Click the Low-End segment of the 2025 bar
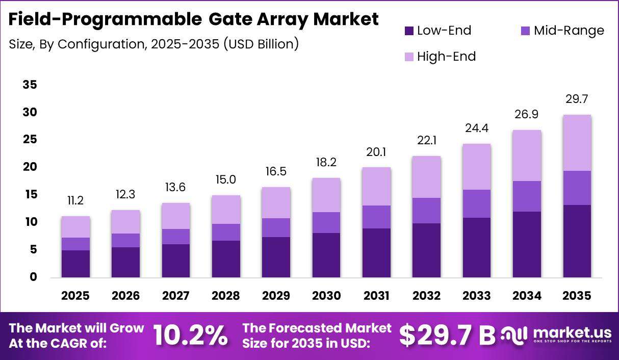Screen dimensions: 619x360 click(75, 264)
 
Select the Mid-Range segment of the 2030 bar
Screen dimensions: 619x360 click(326, 222)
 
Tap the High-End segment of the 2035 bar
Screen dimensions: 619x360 click(577, 143)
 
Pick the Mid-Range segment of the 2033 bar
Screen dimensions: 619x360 click(477, 203)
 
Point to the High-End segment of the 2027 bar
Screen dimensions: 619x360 click(176, 216)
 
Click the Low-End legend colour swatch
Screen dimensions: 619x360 click(409, 31)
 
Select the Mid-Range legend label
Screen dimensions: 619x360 click(569, 31)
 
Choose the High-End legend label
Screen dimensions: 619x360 click(446, 57)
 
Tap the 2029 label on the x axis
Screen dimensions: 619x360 click(276, 296)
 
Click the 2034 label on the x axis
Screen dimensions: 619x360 click(527, 296)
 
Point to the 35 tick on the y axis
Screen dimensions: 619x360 click(30, 85)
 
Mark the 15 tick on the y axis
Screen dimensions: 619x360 click(31, 194)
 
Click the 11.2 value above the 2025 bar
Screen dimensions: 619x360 click(75, 200)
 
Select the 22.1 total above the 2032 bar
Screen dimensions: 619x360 click(427, 141)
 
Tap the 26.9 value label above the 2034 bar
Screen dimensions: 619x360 click(526, 114)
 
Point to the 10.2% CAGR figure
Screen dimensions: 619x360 click(191, 336)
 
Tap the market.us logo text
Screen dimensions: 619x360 click(572, 332)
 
